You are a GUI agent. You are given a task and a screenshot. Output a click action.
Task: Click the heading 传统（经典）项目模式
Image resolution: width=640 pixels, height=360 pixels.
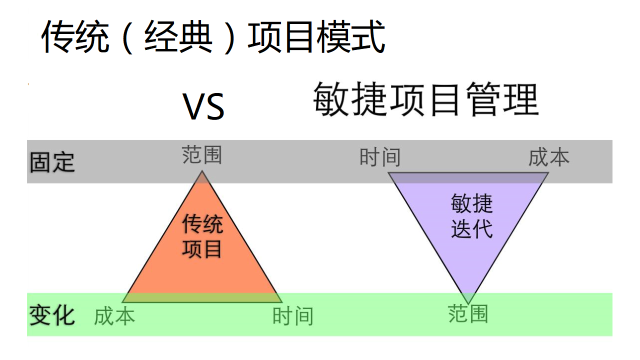pyautogui.click(x=212, y=37)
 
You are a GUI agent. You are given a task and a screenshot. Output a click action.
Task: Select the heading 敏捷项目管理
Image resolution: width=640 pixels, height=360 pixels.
pyautogui.click(x=425, y=99)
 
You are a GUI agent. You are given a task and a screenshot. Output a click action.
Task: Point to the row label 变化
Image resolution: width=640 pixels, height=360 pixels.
pyautogui.click(x=52, y=315)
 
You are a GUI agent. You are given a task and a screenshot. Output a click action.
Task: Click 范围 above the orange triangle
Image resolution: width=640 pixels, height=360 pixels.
pyautogui.click(x=201, y=155)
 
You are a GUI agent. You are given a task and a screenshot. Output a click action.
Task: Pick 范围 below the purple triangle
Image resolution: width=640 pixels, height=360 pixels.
pyautogui.click(x=468, y=314)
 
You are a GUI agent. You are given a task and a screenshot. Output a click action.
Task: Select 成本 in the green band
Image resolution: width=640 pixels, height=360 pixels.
pyautogui.click(x=114, y=316)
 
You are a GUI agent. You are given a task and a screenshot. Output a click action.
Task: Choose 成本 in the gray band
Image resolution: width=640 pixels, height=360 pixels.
pyautogui.click(x=548, y=157)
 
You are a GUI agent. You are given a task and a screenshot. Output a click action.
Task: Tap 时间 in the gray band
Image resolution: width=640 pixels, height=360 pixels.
pyautogui.click(x=380, y=157)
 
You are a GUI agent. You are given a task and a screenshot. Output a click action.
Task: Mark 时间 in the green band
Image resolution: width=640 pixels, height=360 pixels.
pyautogui.click(x=292, y=316)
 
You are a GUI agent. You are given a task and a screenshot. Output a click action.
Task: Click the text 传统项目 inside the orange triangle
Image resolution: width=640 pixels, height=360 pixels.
pyautogui.click(x=202, y=236)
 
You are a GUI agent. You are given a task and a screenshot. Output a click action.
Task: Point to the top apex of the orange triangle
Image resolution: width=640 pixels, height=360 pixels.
pyautogui.click(x=202, y=171)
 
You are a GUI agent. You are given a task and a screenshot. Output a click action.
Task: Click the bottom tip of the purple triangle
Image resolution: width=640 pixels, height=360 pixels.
pyautogui.click(x=468, y=303)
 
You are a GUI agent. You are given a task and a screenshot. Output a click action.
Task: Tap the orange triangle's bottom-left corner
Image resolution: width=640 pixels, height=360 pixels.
pyautogui.click(x=122, y=302)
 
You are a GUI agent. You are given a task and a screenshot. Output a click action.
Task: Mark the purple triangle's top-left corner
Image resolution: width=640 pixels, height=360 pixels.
pyautogui.click(x=388, y=172)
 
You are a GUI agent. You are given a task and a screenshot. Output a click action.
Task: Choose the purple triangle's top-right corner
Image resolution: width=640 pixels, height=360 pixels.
pyautogui.click(x=548, y=172)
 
